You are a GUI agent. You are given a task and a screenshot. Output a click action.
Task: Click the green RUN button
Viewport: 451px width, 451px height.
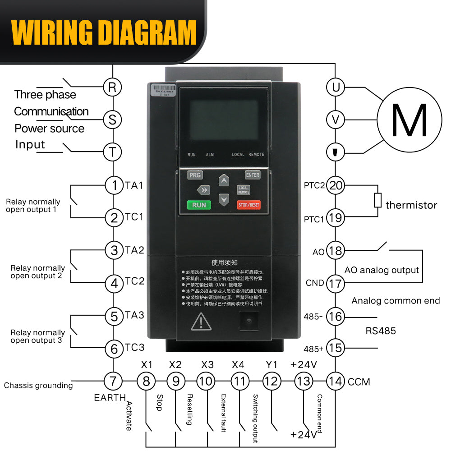(199, 205)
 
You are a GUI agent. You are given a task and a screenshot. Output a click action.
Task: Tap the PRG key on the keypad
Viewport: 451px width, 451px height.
(195, 175)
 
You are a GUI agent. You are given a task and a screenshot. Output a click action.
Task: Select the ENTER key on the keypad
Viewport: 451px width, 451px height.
(253, 175)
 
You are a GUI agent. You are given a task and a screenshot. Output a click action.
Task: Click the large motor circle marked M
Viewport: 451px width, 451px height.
(409, 120)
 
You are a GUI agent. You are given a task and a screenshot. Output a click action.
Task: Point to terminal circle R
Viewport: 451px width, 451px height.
(112, 87)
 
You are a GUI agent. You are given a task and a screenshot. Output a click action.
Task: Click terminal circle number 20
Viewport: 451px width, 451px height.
(336, 185)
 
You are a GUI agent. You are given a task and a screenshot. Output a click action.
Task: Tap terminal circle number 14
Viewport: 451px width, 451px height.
(336, 381)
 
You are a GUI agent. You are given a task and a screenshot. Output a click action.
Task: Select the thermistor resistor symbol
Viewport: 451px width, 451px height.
(378, 200)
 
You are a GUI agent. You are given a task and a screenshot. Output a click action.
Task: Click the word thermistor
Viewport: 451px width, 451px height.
(411, 205)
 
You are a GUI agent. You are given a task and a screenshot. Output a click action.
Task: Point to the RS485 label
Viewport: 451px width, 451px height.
(380, 331)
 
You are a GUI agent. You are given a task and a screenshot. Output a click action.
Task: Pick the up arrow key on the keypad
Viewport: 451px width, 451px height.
(224, 181)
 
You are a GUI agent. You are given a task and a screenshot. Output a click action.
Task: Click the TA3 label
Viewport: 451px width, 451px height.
(134, 315)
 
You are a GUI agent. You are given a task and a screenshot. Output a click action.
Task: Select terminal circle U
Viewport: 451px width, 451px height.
(336, 87)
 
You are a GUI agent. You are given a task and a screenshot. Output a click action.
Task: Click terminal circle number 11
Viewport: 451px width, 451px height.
(239, 381)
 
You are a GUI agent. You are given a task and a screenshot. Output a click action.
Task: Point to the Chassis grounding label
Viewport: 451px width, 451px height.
(38, 386)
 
